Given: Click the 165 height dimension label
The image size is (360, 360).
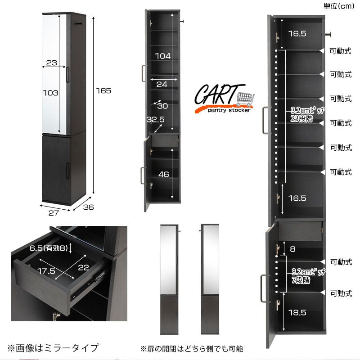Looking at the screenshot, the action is point(103,91).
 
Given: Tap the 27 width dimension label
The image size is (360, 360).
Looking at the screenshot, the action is point(54,213).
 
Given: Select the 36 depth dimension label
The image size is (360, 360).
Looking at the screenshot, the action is point(88,207).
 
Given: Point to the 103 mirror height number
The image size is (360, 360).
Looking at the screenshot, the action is point(51,93).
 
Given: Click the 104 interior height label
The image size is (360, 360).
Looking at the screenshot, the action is point(163,56).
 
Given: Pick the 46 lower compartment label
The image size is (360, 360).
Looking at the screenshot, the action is point(164,175).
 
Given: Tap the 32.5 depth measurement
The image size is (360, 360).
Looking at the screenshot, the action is point(155,119).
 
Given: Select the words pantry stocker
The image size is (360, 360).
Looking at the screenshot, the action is point(229,110).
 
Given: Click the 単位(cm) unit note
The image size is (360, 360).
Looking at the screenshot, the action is point(339,6).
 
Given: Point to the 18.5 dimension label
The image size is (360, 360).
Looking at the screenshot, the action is point(297,312).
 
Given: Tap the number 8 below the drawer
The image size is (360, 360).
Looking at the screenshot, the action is point(292,249).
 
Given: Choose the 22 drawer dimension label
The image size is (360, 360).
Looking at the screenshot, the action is point(83,267).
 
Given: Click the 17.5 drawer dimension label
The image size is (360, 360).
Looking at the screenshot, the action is point(47,271).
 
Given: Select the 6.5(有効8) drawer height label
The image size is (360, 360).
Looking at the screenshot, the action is point(49,248).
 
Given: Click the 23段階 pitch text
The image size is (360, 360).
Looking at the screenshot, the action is point(301,119).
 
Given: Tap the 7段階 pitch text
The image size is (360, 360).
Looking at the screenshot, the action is point(301,280).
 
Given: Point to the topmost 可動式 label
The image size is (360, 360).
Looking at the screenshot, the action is point(341,51).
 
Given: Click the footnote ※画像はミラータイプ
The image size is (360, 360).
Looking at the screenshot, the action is point(53,348).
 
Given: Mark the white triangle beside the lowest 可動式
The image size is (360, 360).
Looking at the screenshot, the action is point(323,292).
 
